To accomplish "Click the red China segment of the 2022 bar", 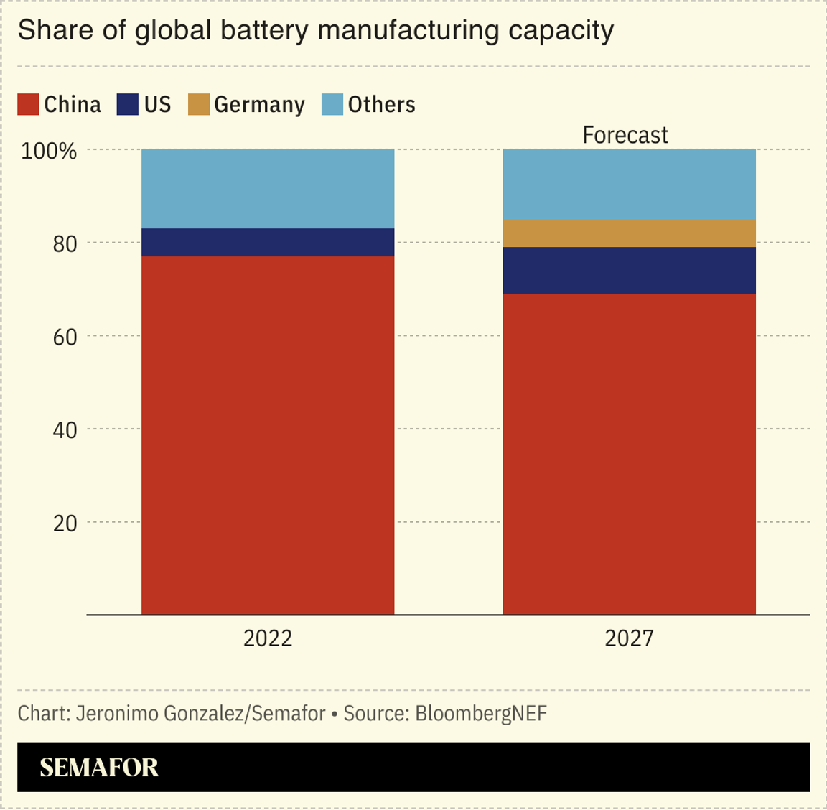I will pyautogui.click(x=268, y=435).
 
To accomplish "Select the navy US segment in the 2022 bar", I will pyautogui.click(x=268, y=243).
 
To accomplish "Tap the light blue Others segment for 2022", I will pyautogui.click(x=268, y=189).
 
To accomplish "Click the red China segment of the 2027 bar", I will pyautogui.click(x=629, y=454).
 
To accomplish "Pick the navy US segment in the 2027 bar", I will pyautogui.click(x=629, y=271).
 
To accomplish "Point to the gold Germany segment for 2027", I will pyautogui.click(x=629, y=233).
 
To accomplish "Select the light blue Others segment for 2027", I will pyautogui.click(x=629, y=185).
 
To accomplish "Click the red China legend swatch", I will pyautogui.click(x=28, y=105).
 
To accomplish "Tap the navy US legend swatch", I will pyautogui.click(x=127, y=105).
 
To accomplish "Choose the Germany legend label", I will pyautogui.click(x=259, y=105).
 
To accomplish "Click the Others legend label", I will pyautogui.click(x=381, y=105).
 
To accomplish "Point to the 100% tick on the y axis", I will pyautogui.click(x=49, y=152).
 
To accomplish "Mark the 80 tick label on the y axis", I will pyautogui.click(x=65, y=244).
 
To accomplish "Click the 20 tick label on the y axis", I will pyautogui.click(x=65, y=523).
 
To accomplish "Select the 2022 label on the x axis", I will pyautogui.click(x=268, y=638).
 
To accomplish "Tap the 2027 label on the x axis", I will pyautogui.click(x=629, y=638).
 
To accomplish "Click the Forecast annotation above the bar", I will pyautogui.click(x=625, y=135).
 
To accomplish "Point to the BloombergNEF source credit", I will pyautogui.click(x=481, y=714).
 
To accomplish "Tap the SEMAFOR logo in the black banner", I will pyautogui.click(x=99, y=768).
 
